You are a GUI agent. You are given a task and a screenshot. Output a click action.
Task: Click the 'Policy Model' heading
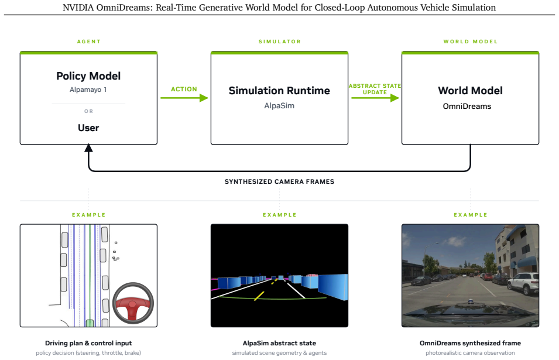tap(88, 76)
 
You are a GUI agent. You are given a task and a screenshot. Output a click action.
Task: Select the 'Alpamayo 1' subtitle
tap(88, 90)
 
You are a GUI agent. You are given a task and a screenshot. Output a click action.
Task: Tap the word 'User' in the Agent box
tap(88, 128)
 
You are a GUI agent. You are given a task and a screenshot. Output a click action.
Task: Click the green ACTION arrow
tap(184, 98)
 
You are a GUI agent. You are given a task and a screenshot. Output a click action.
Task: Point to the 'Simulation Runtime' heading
tap(279, 91)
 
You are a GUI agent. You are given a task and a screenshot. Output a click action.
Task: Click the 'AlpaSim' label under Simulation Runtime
tap(279, 105)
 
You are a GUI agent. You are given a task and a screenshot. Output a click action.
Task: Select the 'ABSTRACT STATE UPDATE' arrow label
tap(375, 89)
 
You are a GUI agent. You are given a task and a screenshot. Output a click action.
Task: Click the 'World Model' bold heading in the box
tap(470, 91)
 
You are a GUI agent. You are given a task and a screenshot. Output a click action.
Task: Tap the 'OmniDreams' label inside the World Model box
tap(467, 106)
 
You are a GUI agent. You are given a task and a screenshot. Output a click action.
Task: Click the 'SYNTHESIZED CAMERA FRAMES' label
tap(280, 181)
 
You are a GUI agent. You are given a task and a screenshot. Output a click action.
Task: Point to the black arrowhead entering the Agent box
tap(88, 148)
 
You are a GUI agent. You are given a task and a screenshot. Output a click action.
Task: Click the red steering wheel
tap(133, 303)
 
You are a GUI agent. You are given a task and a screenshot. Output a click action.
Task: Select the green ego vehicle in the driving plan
tap(90, 323)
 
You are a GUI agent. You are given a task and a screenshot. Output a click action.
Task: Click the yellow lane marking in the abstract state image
tap(259, 296)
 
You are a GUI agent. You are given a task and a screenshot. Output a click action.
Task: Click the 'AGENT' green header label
tap(89, 42)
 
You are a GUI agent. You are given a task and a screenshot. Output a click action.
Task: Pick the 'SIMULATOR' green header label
tap(280, 42)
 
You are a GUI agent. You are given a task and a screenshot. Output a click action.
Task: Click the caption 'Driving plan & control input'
tap(88, 343)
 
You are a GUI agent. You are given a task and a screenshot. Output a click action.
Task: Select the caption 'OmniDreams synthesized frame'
tap(470, 343)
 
